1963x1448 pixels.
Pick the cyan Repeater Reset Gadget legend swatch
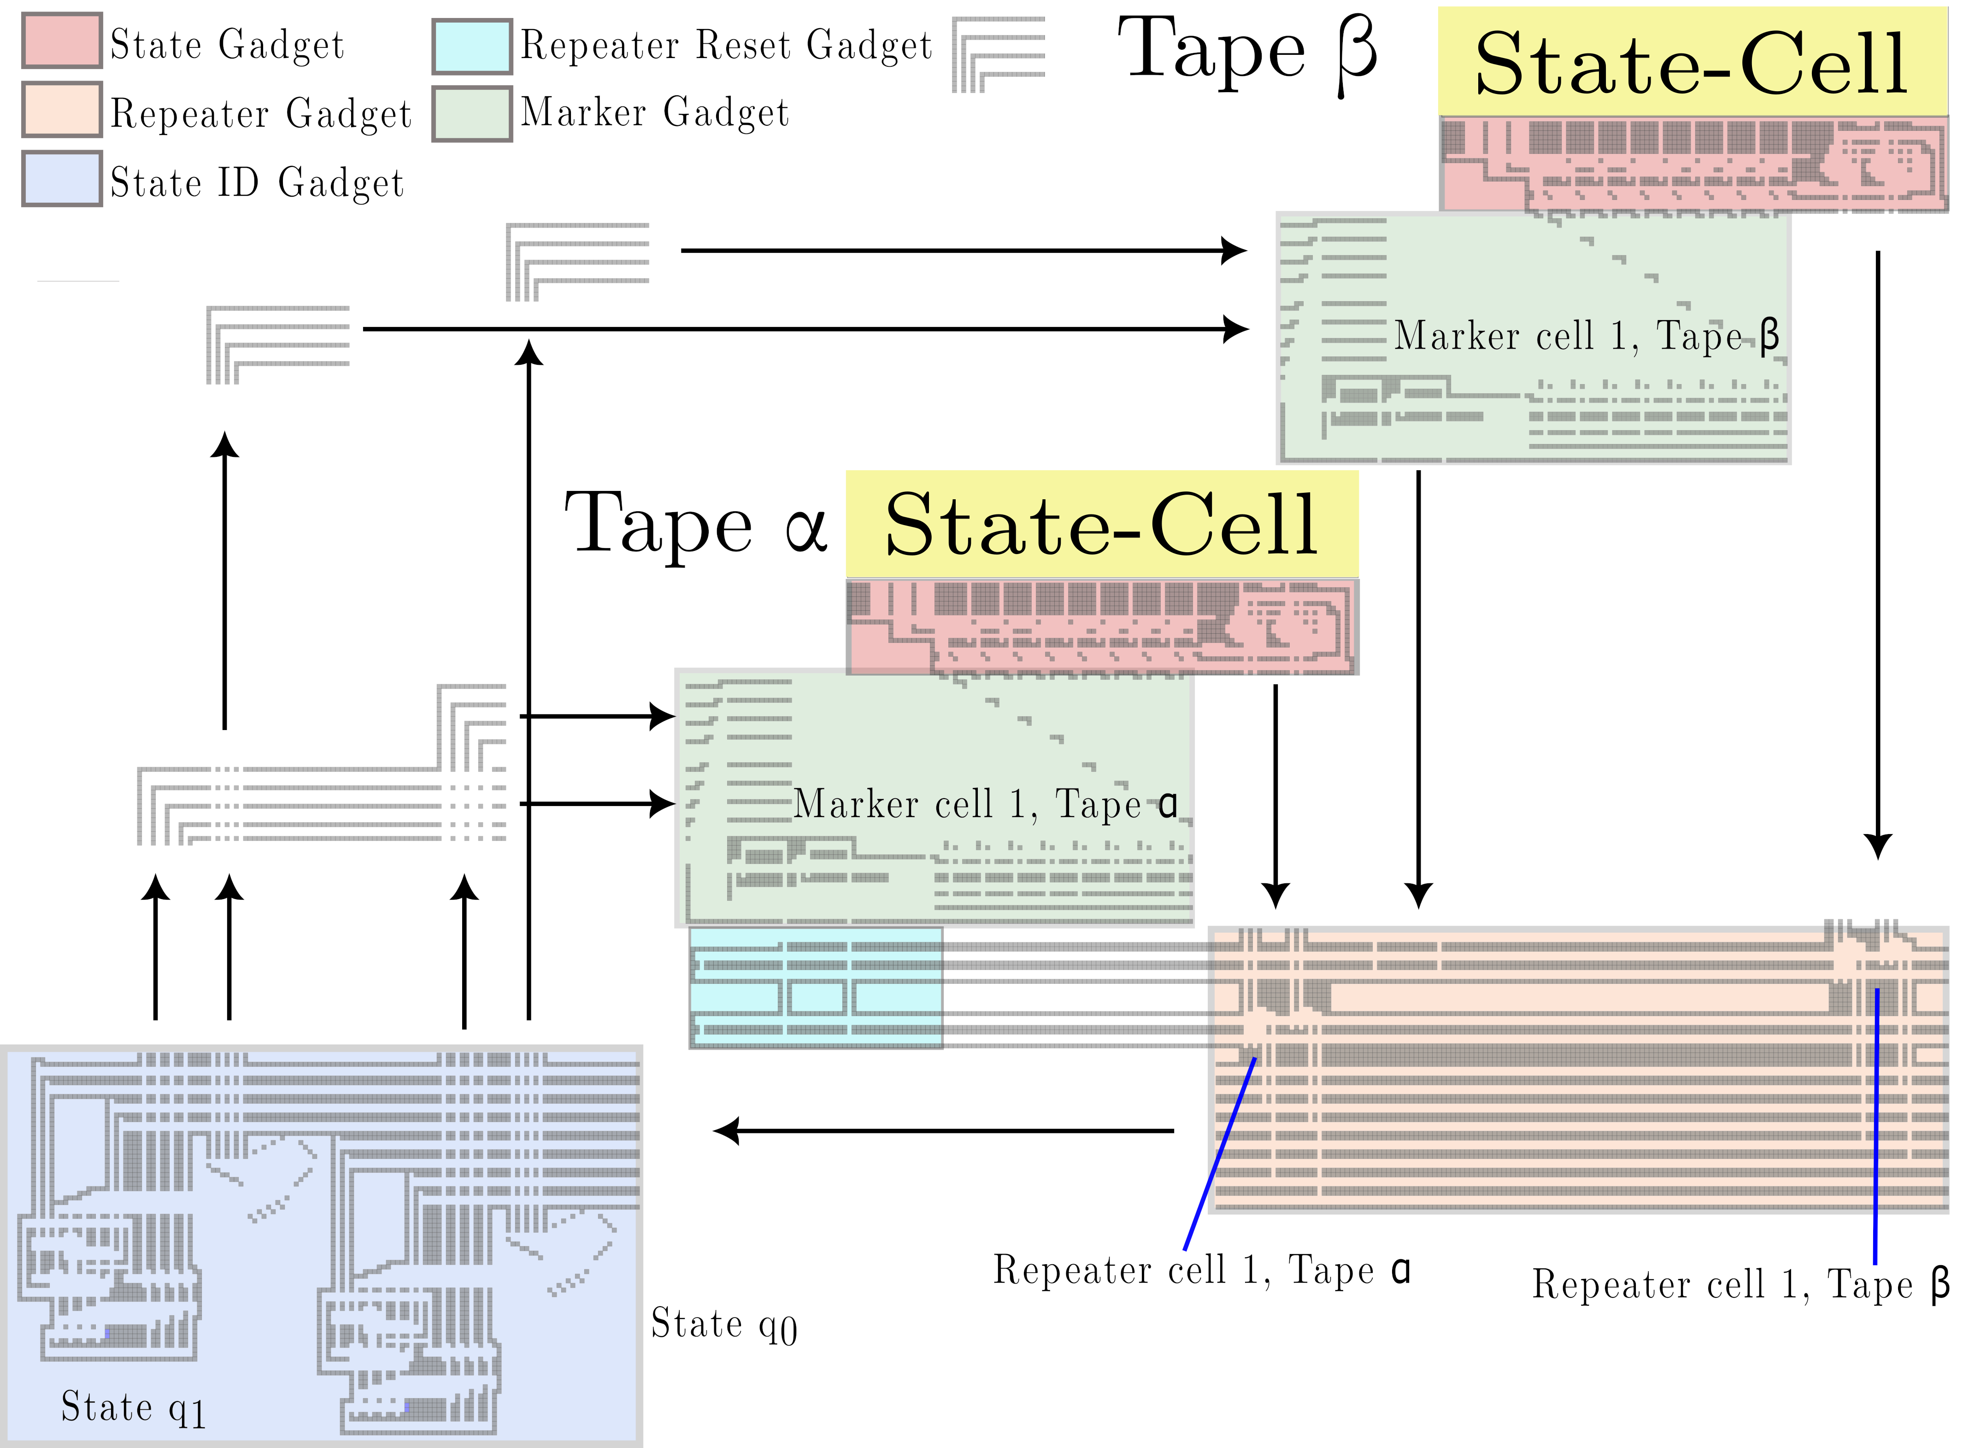[x=473, y=47]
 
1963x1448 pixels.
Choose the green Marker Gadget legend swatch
[x=473, y=114]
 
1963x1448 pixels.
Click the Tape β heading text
[x=1247, y=54]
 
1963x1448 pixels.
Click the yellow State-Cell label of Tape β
[x=1692, y=62]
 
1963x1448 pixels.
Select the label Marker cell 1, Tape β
[x=1587, y=336]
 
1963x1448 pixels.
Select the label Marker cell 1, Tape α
[x=986, y=804]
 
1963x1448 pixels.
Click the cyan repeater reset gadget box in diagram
[x=816, y=988]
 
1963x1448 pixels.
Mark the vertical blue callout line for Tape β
[x=1876, y=1127]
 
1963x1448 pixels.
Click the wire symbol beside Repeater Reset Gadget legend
[x=999, y=54]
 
